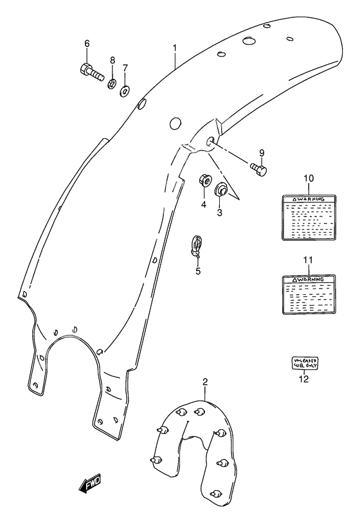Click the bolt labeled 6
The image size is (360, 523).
click(x=91, y=72)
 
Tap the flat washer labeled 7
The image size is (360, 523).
click(x=125, y=87)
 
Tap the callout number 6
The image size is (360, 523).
click(x=87, y=44)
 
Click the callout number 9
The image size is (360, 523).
click(x=262, y=152)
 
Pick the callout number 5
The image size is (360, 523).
click(x=198, y=271)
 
